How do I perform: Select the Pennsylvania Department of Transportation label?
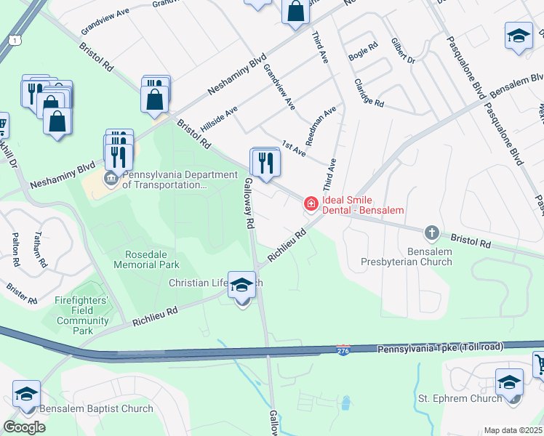(x=180, y=179)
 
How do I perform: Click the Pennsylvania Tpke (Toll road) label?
(x=440, y=348)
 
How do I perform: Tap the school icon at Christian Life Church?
(x=242, y=286)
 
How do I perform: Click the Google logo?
(x=24, y=427)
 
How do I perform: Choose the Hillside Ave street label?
(x=220, y=118)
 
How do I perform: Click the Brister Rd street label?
(x=22, y=292)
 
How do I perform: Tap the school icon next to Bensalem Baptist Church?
(x=26, y=395)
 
